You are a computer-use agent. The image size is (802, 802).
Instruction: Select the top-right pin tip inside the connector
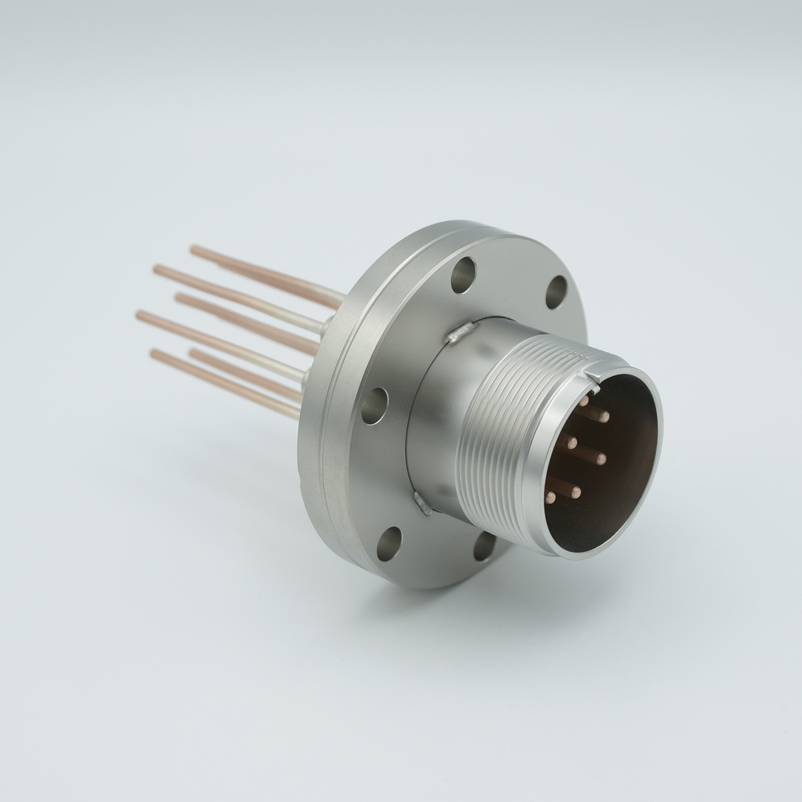tap(606, 415)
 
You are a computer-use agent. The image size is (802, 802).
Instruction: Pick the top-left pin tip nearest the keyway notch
tap(584, 400)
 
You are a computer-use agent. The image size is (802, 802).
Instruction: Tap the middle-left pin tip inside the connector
tap(573, 442)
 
